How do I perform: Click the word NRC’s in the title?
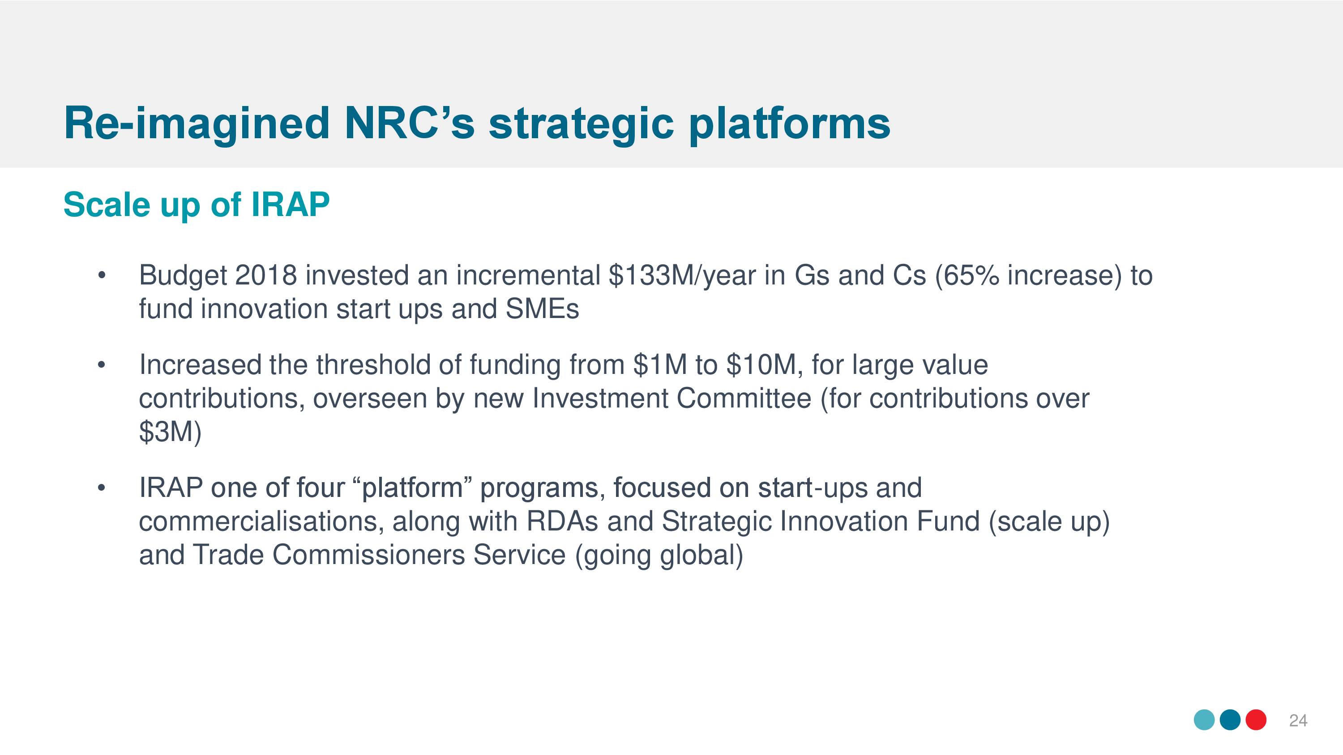(409, 123)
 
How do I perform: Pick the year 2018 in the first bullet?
(266, 275)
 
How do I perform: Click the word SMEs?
(542, 309)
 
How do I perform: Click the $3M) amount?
(170, 432)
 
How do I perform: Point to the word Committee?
(744, 399)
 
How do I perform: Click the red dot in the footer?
(1256, 720)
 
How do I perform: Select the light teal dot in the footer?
(1204, 720)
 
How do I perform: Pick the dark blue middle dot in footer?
(1230, 720)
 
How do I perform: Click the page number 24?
(1298, 721)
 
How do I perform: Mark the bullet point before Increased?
(102, 365)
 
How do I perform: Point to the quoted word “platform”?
(412, 489)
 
